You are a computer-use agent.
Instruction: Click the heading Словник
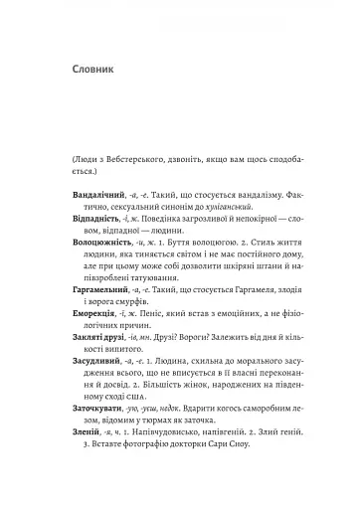point(85,72)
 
